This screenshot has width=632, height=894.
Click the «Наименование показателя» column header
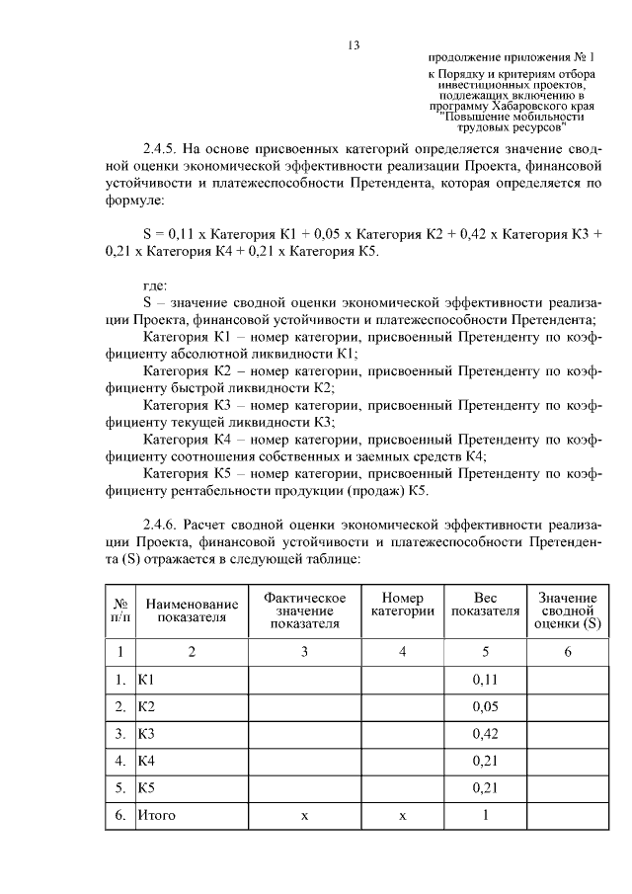[x=192, y=610]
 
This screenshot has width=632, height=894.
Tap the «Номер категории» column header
[x=402, y=605]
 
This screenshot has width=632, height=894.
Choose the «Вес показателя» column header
[x=485, y=605]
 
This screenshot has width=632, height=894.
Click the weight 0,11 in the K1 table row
[x=485, y=681]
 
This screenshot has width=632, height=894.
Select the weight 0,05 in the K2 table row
[x=485, y=707]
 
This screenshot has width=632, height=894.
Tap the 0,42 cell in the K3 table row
[x=485, y=734]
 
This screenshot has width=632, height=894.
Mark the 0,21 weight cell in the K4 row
[x=485, y=761]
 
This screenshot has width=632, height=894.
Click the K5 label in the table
[x=147, y=787]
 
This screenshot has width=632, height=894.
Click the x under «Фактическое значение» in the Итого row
[x=304, y=816]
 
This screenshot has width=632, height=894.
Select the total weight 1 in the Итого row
[x=485, y=815]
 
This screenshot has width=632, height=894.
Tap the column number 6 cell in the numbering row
[x=567, y=651]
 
